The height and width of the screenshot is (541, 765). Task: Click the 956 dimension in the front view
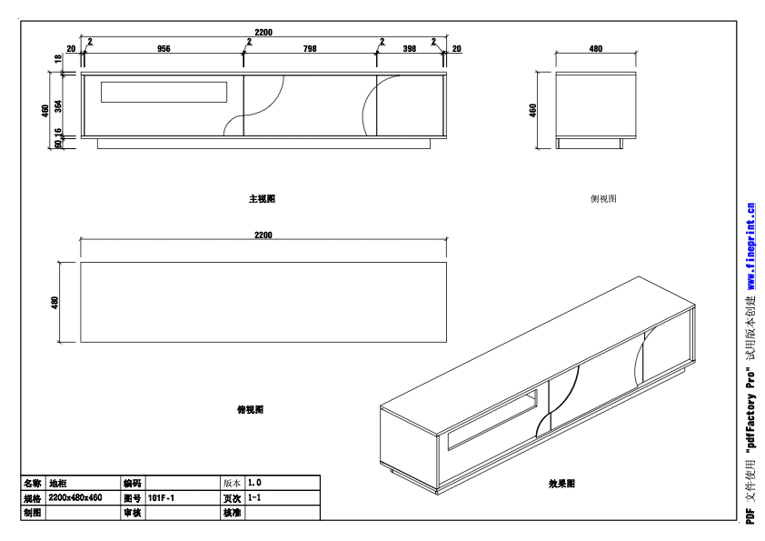[164, 49]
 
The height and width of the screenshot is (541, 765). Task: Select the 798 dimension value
[310, 49]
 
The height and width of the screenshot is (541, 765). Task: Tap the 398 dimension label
[410, 49]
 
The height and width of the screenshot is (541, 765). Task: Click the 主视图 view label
[263, 198]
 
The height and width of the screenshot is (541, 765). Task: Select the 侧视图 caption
[603, 198]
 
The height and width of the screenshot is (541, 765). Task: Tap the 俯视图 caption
[250, 410]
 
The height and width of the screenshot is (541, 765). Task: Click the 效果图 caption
[561, 484]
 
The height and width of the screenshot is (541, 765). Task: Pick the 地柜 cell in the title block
[57, 483]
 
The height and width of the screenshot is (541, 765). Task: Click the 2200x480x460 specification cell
[75, 498]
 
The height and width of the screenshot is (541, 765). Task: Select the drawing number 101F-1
[161, 498]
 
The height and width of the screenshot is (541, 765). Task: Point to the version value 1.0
[255, 483]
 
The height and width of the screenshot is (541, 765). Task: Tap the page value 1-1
[255, 498]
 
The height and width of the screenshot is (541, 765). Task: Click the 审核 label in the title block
[132, 514]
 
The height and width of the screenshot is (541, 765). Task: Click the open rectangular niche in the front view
[164, 91]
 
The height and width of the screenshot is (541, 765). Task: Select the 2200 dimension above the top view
[263, 235]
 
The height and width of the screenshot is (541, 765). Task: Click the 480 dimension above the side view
[596, 49]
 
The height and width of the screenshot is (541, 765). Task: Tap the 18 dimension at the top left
[58, 59]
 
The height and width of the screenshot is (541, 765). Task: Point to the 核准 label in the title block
[232, 514]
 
